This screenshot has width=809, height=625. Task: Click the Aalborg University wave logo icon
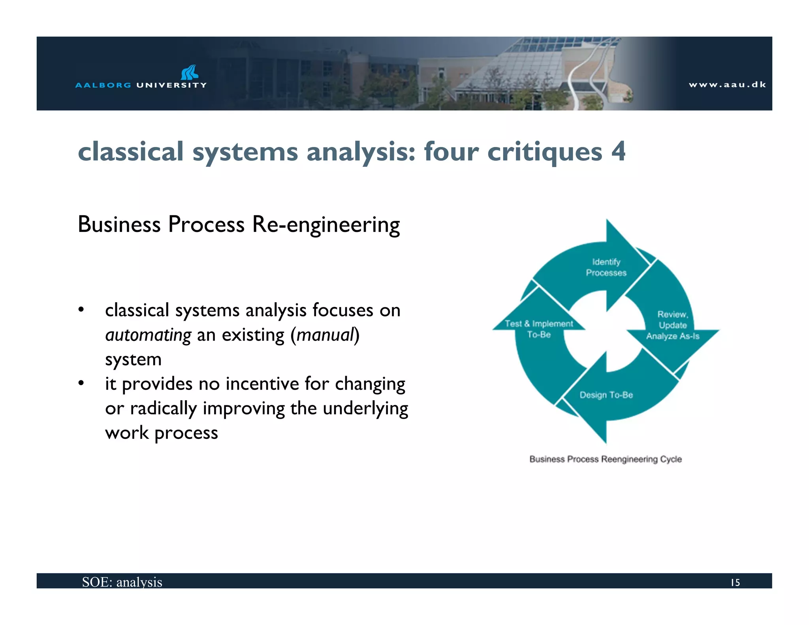(190, 72)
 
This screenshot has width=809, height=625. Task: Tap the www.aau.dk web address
(727, 85)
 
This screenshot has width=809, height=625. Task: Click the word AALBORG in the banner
(103, 85)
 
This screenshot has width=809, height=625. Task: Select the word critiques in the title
(545, 152)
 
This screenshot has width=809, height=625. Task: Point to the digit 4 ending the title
(618, 151)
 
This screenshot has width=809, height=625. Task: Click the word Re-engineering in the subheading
(326, 225)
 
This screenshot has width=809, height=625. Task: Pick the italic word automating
(148, 335)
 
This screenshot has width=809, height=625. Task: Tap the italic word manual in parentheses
(325, 335)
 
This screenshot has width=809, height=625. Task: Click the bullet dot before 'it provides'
(81, 383)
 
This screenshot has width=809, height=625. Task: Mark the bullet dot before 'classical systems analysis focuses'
(81, 310)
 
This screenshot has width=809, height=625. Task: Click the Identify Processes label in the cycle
(606, 267)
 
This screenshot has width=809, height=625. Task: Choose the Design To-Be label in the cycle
(606, 395)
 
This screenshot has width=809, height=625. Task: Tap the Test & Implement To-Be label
(539, 329)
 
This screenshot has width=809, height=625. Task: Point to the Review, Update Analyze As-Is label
(672, 325)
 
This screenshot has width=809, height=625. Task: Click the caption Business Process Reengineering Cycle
(606, 459)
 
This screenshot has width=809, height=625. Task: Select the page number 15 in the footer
(735, 582)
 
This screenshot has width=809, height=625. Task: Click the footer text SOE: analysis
(122, 582)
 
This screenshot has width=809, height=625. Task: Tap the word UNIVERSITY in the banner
(171, 85)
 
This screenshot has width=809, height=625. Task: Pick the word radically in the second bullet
(163, 409)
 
